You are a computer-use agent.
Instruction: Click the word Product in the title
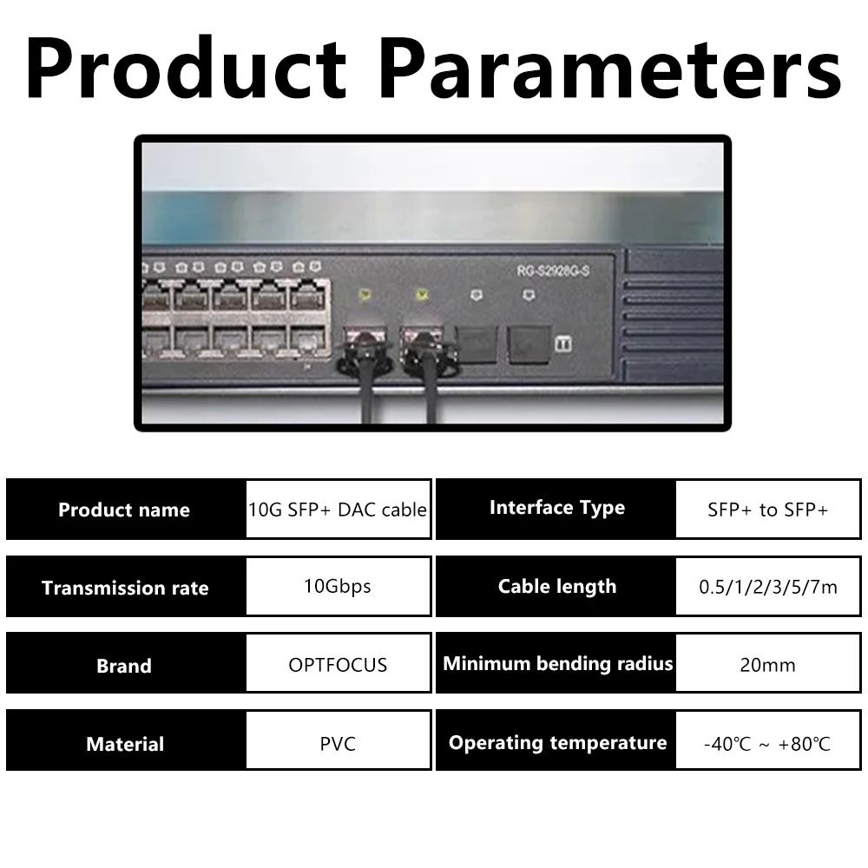186,68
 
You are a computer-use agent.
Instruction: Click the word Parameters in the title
611,69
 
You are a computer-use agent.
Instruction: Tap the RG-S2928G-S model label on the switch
553,271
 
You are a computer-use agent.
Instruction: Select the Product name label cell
124,510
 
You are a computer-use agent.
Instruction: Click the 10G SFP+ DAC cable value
338,510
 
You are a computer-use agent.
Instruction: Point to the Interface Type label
557,508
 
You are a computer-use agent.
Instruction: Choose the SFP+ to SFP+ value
768,510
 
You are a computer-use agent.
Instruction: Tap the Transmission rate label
125,588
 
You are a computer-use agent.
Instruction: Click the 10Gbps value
337,586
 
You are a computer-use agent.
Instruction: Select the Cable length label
557,587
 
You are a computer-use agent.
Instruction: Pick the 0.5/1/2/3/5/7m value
768,588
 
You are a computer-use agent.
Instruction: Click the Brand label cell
124,665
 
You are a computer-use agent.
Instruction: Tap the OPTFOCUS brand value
338,665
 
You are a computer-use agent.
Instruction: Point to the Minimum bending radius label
557,664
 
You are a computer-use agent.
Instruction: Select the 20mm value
768,665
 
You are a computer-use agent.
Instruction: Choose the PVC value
338,744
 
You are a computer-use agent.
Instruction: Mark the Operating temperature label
557,743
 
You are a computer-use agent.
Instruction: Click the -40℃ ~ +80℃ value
767,744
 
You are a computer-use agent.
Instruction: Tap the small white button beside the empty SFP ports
563,344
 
